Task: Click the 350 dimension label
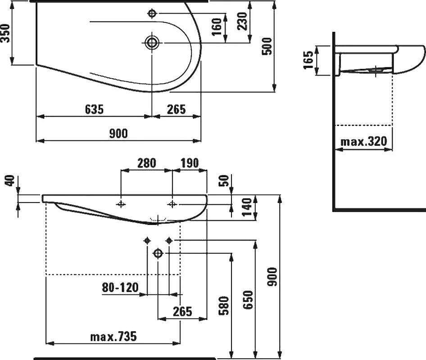coord(5,33)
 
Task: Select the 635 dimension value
coord(94,109)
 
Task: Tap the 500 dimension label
coord(267,46)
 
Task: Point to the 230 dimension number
coord(242,21)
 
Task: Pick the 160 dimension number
coord(217,27)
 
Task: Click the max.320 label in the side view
coord(363,141)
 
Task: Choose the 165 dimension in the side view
coord(308,60)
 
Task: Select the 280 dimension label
coord(147,163)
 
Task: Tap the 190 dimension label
coord(190,163)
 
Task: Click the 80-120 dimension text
coord(120,287)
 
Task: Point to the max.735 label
coord(113,337)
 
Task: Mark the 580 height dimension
coord(224,306)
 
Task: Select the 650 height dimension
coord(248,300)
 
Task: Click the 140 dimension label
coord(247,207)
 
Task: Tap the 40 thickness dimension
coord(10,181)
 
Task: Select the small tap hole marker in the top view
coord(152,13)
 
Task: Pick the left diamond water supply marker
coord(147,241)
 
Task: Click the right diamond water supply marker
coord(169,241)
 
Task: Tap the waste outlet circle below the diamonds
coord(158,253)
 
